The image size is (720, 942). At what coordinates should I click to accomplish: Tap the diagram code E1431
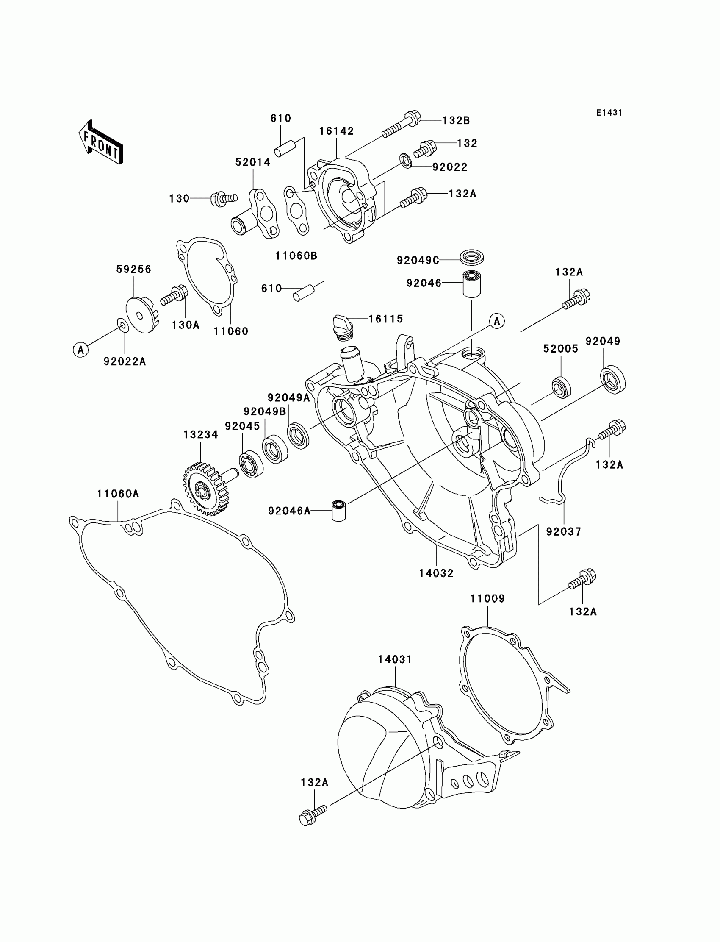point(609,113)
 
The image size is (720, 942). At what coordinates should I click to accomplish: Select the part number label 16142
point(336,131)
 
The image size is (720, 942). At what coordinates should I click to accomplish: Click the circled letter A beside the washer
point(80,350)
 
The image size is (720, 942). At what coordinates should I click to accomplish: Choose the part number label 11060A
point(118,494)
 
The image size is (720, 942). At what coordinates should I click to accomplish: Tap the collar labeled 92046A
point(338,510)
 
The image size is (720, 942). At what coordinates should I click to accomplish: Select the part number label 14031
point(395,659)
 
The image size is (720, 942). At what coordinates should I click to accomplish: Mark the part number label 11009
point(487,599)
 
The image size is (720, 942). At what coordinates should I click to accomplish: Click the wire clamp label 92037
point(563,532)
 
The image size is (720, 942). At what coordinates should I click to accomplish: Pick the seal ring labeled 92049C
point(471,258)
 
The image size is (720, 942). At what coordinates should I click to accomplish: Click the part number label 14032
point(436,573)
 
